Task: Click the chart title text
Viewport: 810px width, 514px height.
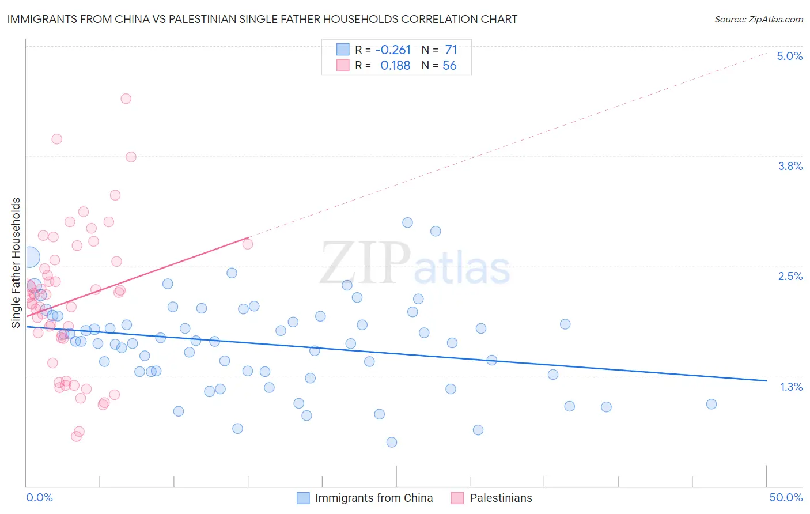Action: pos(262,19)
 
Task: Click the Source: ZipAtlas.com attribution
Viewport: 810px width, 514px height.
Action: pos(758,19)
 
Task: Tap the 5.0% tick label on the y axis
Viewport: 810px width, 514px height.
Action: pos(789,56)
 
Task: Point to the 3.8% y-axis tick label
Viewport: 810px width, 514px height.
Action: pos(790,166)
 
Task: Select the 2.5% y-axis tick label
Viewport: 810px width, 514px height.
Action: pos(790,276)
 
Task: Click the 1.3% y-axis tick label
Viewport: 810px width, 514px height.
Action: pos(791,387)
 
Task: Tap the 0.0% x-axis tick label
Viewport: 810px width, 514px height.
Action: pos(39,497)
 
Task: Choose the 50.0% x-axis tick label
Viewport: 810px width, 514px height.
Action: pos(786,497)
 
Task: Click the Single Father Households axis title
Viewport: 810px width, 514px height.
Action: pos(16,263)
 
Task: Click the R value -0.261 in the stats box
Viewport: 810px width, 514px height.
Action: pos(392,50)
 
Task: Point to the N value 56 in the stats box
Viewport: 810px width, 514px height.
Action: pos(449,66)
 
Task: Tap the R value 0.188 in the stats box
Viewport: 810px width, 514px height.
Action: pos(395,66)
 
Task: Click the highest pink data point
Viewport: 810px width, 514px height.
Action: pos(126,99)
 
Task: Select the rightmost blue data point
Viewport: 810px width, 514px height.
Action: pos(711,404)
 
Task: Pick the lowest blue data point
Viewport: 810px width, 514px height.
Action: pos(392,442)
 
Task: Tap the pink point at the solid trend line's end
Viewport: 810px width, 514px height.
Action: pos(248,244)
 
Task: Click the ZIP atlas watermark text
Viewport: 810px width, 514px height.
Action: pos(415,264)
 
